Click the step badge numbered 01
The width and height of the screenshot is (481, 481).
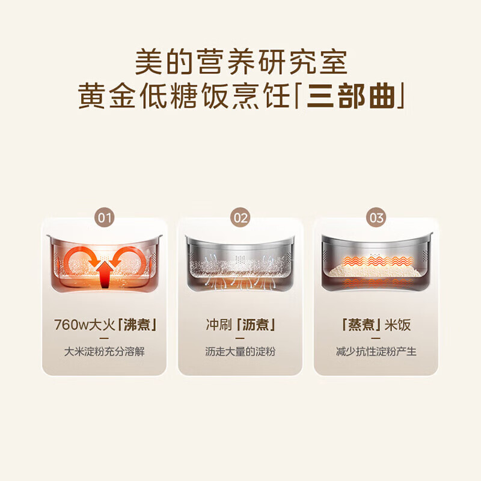click(105, 218)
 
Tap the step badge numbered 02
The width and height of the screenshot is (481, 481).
click(240, 218)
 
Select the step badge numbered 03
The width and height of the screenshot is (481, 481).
click(376, 218)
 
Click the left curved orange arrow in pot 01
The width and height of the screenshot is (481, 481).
click(76, 260)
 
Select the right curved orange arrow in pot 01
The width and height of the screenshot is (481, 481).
click(133, 260)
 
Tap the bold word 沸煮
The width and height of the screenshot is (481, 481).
click(138, 325)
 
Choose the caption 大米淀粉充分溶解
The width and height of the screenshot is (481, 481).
click(105, 352)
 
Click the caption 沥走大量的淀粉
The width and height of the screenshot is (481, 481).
click(240, 352)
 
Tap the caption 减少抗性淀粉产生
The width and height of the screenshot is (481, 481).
click(376, 352)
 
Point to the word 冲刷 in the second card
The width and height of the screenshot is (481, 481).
click(217, 325)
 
